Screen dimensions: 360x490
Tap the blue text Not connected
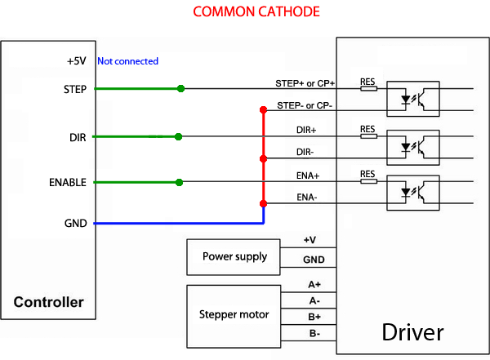pos(127,61)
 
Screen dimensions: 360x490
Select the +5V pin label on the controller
pos(77,61)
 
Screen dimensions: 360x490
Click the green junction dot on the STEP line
pos(180,88)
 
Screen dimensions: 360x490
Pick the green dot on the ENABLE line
pos(180,182)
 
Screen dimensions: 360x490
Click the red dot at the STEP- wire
pos(263,110)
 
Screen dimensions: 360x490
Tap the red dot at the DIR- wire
pos(263,158)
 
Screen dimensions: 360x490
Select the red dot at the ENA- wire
pos(263,203)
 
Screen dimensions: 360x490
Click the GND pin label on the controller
pos(75,222)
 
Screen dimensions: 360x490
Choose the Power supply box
pos(234,256)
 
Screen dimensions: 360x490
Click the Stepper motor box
pos(234,313)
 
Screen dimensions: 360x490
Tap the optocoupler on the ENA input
pos(412,193)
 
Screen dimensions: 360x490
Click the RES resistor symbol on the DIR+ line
pos(368,136)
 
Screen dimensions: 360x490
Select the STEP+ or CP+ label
pos(306,83)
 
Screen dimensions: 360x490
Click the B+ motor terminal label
pos(314,316)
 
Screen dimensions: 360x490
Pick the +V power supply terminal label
pos(310,240)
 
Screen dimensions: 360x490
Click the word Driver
pos(412,332)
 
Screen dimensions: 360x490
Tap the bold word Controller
pos(49,302)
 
